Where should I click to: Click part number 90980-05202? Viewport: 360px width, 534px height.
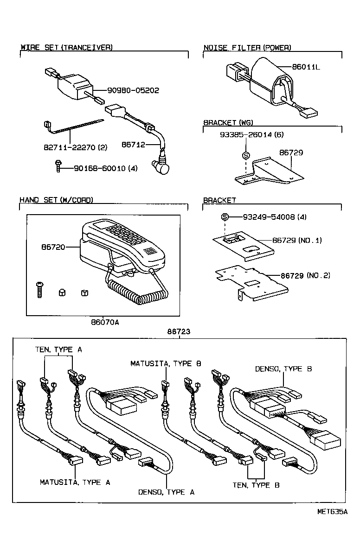[x=133, y=90]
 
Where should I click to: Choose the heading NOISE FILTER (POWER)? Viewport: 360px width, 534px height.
[x=247, y=48]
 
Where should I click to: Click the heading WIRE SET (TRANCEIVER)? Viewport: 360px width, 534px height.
[x=66, y=47]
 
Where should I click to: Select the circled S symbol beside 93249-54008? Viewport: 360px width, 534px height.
[x=225, y=217]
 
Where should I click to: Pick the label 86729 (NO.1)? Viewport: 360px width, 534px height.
[x=297, y=240]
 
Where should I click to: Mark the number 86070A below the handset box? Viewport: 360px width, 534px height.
[x=105, y=322]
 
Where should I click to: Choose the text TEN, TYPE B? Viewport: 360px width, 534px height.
[x=256, y=485]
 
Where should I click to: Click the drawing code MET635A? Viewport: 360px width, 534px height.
[x=332, y=512]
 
